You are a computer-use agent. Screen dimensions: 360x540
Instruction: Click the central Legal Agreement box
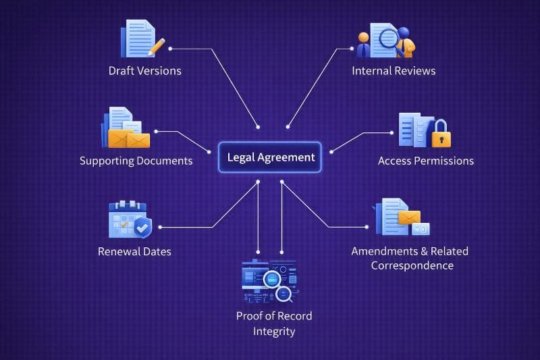click(x=270, y=157)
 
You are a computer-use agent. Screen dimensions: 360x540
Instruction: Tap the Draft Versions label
click(x=145, y=71)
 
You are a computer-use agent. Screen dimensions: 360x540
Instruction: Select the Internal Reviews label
click(x=394, y=71)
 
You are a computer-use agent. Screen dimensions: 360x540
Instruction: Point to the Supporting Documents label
click(x=136, y=161)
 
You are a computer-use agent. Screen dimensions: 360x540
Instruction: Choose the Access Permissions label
click(x=425, y=161)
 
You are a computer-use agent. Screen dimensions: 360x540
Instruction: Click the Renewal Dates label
click(x=134, y=251)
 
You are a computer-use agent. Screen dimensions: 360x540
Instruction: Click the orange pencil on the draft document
click(x=157, y=47)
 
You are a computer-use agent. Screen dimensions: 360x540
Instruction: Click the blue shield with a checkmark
click(x=142, y=227)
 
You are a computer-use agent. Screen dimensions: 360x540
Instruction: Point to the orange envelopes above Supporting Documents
click(x=129, y=139)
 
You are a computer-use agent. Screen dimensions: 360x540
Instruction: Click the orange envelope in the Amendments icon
click(x=409, y=217)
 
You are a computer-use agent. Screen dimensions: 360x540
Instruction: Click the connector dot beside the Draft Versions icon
click(x=170, y=49)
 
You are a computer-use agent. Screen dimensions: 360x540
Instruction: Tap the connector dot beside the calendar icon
click(x=159, y=227)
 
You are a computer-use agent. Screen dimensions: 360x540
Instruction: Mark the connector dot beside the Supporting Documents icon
click(x=156, y=132)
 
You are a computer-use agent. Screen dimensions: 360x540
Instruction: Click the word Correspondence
click(x=412, y=265)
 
